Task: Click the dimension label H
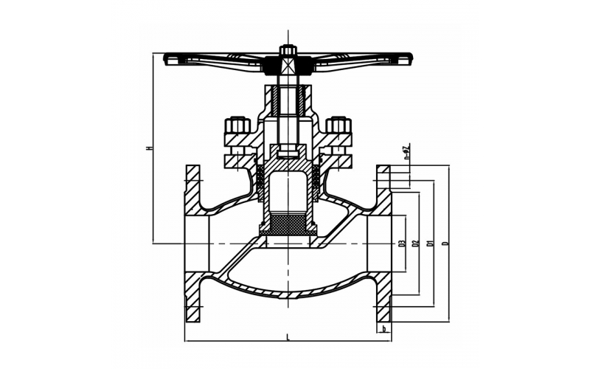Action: [149, 148]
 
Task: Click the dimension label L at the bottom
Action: [287, 337]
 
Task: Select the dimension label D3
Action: [402, 243]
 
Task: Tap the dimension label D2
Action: [416, 243]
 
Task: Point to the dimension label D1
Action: [430, 243]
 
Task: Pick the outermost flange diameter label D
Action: [445, 243]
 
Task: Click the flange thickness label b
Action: [383, 329]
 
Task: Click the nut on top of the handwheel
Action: [288, 51]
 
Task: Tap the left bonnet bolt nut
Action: [237, 125]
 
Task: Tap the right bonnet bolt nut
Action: [339, 125]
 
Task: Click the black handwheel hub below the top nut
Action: [288, 68]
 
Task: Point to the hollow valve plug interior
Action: [288, 192]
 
